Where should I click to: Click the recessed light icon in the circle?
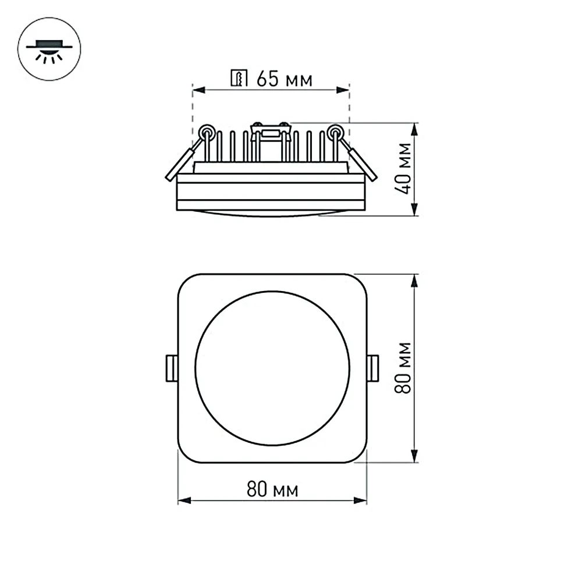[49, 49]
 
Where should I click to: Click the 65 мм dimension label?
[284, 79]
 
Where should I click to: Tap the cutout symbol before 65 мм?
[239, 79]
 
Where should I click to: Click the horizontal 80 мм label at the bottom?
[272, 490]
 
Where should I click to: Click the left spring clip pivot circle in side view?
[206, 132]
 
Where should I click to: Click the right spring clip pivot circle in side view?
[335, 132]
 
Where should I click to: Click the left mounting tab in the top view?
[172, 368]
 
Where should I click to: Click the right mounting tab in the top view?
[373, 368]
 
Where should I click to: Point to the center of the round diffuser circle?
[272, 368]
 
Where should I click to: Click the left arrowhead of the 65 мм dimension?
[197, 90]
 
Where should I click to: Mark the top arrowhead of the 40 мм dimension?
[414, 127]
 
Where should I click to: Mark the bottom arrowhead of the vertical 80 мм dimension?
[414, 458]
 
